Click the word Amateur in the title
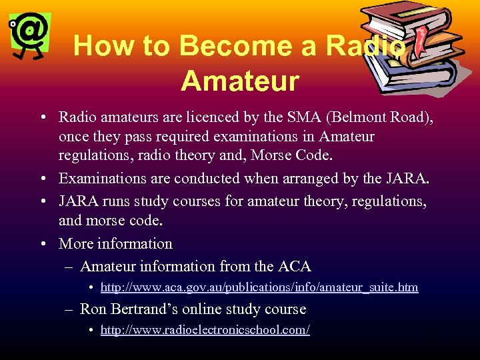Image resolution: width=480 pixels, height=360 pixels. point(239,81)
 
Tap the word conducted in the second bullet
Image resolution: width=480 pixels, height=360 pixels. point(207,178)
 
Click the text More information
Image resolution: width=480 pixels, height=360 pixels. point(115,243)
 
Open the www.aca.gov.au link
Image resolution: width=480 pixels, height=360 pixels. point(259,287)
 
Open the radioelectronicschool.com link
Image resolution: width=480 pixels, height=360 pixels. point(205,330)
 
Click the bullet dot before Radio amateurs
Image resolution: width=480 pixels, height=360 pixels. point(42,118)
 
